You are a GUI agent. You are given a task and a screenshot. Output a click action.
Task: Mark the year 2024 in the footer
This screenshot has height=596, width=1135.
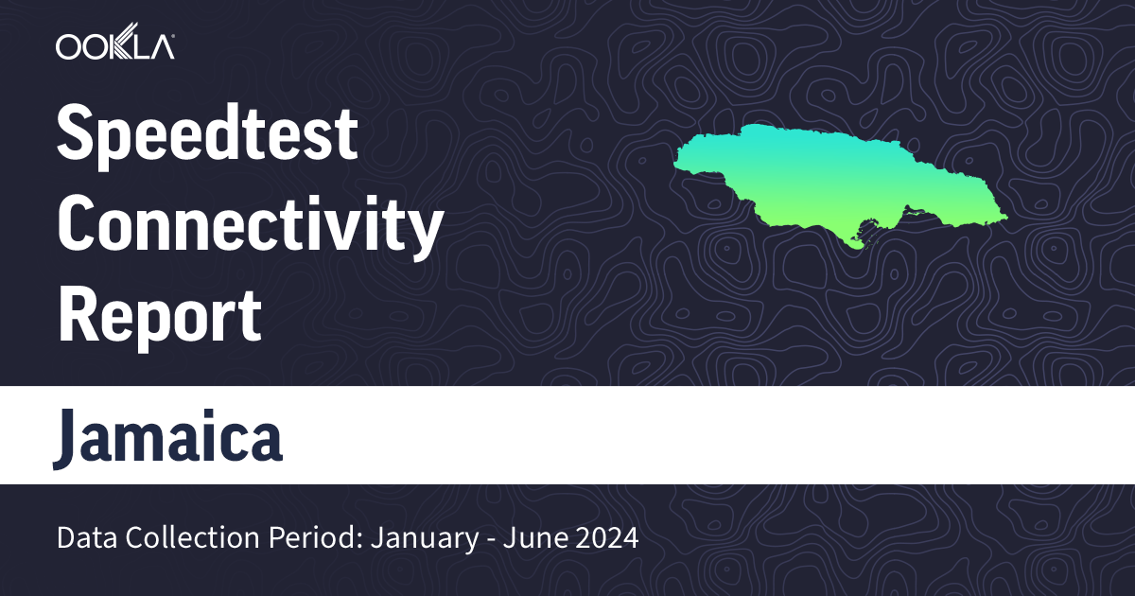[x=607, y=539]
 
